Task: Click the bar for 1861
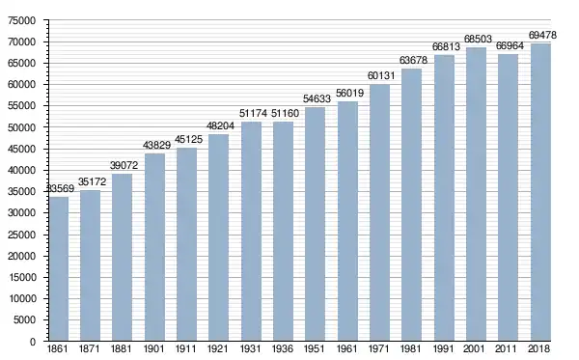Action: click(x=59, y=269)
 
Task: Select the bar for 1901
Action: click(x=154, y=247)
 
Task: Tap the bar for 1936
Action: click(x=283, y=231)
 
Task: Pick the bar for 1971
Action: click(x=379, y=212)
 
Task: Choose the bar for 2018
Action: click(x=540, y=192)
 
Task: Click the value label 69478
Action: click(x=542, y=35)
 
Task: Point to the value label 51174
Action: click(x=253, y=113)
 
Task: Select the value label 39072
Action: click(x=124, y=165)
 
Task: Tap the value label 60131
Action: click(x=381, y=75)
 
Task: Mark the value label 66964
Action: click(x=510, y=45)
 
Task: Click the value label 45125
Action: click(x=189, y=140)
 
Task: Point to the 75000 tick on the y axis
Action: click(x=22, y=20)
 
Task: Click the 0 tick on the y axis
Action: click(x=33, y=342)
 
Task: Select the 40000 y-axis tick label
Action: click(x=22, y=171)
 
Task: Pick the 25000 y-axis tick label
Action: click(x=22, y=235)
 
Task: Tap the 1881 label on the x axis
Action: click(x=122, y=349)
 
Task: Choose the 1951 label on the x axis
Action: click(x=315, y=349)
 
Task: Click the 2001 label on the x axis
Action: click(x=475, y=349)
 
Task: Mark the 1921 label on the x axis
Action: click(x=218, y=349)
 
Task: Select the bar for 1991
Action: click(x=444, y=198)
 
